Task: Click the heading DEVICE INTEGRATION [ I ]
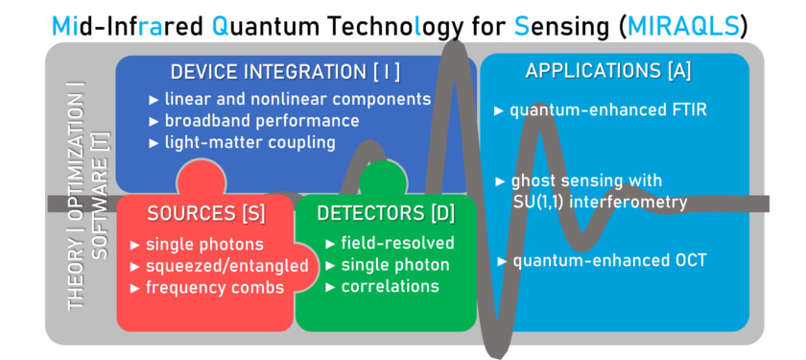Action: tap(285, 73)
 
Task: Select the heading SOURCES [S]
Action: tap(206, 214)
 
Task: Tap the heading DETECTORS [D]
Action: tap(386, 214)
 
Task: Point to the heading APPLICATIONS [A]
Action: tap(608, 71)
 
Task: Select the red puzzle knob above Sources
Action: tap(201, 179)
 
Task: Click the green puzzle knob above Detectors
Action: tap(383, 180)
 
